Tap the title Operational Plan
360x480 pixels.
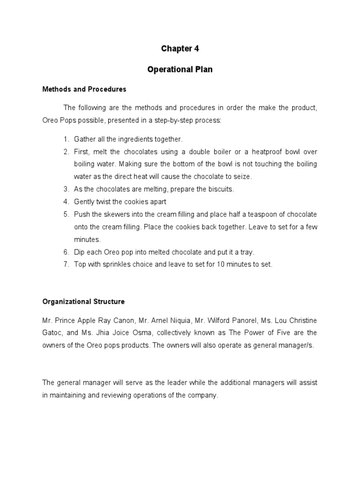tap(180, 69)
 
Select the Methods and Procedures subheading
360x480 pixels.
tap(84, 89)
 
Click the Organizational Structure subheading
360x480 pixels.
tap(83, 301)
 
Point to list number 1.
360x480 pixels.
tap(66, 139)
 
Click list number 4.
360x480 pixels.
tap(66, 202)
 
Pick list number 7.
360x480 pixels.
tap(66, 264)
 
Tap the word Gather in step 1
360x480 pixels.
tap(85, 139)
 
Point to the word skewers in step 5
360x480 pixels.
tap(120, 214)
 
